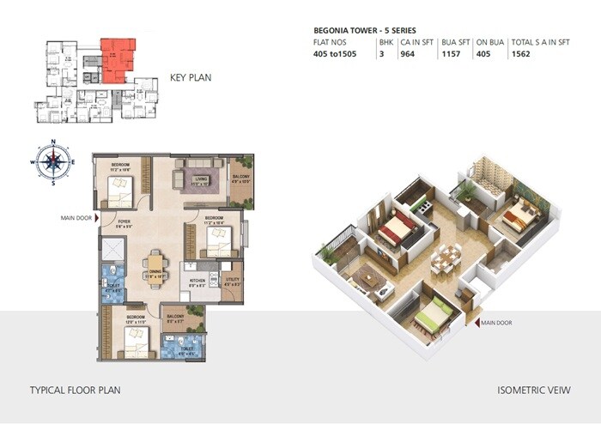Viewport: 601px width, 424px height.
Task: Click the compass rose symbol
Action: tap(52, 161)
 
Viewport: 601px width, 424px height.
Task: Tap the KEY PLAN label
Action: tap(189, 77)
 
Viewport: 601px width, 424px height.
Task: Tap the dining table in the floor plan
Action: tap(155, 263)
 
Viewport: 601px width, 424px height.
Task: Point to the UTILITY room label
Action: tap(231, 280)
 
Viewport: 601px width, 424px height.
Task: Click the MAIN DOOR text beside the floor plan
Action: tap(76, 217)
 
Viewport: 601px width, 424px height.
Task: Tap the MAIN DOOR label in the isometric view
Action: tap(497, 323)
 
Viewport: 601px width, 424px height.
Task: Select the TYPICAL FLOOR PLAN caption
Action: tap(75, 390)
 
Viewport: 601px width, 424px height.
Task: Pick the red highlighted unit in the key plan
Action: tap(116, 58)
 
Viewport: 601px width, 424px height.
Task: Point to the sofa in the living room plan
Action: tap(200, 178)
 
